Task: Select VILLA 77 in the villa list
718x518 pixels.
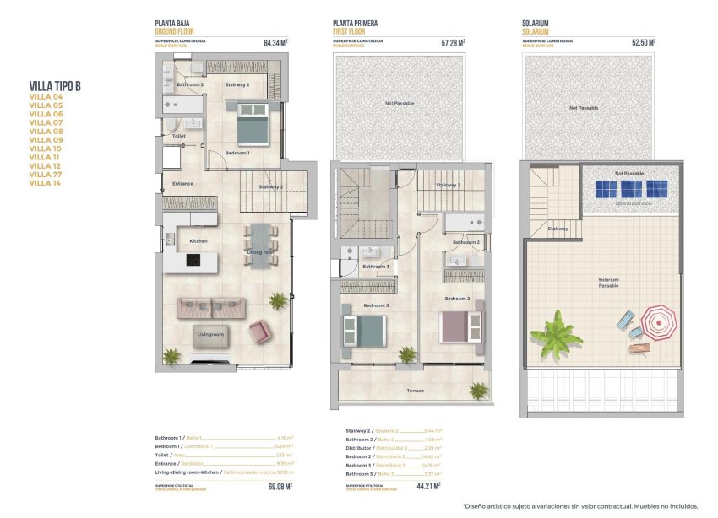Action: pos(46,174)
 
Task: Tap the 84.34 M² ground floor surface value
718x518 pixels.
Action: pos(275,41)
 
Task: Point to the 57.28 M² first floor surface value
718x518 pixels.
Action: pos(453,41)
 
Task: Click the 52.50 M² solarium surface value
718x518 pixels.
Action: pos(643,41)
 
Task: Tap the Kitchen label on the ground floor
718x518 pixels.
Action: pos(199,241)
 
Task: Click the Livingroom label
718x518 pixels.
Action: pos(211,335)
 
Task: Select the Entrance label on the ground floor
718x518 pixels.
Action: pos(183,183)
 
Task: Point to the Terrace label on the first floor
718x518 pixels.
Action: pos(415,391)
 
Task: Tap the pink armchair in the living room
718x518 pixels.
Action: pos(259,331)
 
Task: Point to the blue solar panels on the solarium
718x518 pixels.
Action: pos(631,188)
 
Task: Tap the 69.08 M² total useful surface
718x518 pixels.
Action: pos(280,486)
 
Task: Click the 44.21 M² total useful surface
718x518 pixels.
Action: pos(454,486)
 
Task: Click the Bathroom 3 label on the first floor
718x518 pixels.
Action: pos(376,267)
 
